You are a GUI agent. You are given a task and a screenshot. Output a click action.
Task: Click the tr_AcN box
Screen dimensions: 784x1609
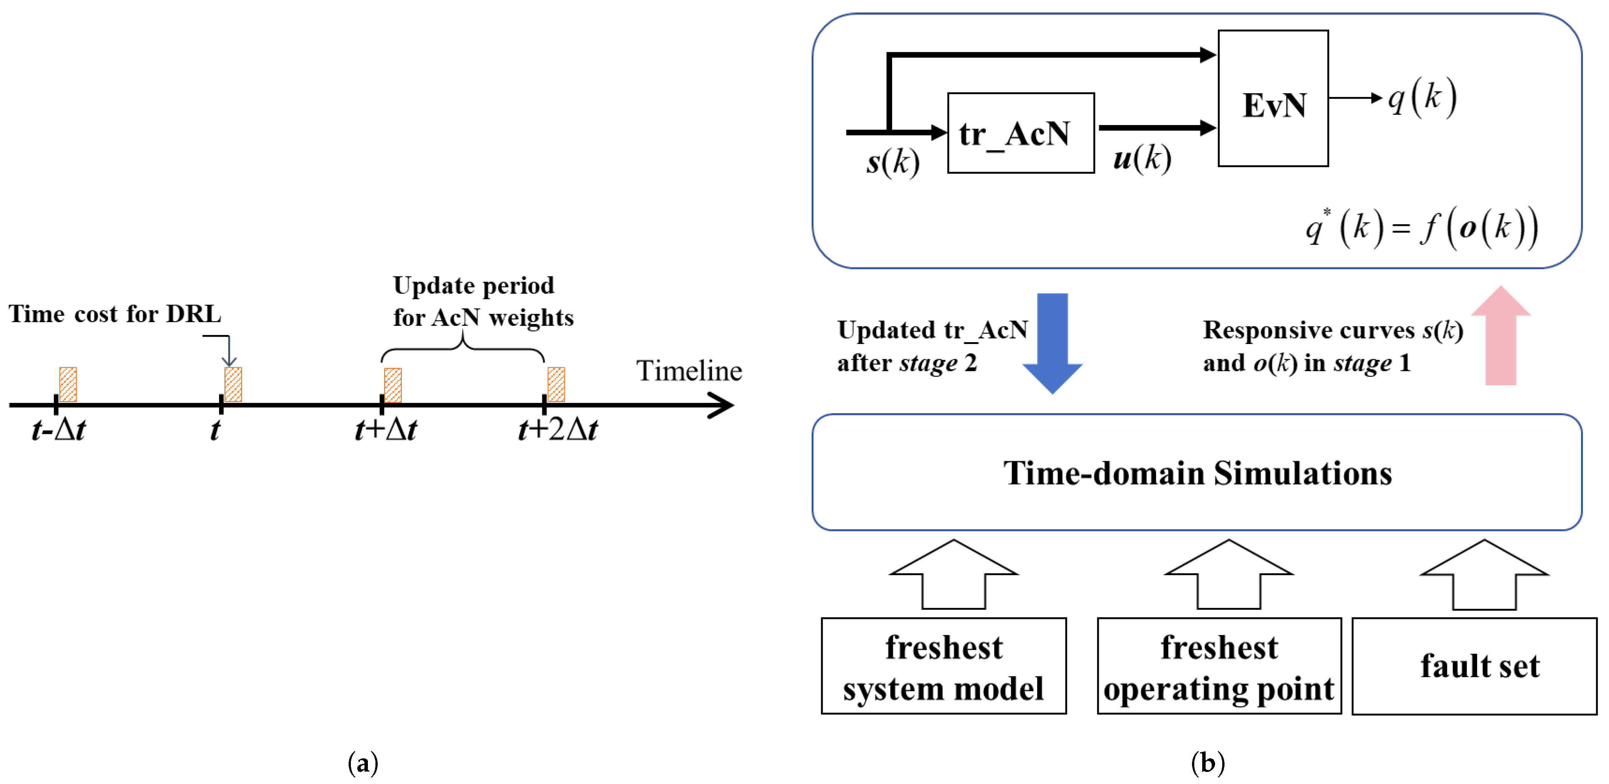[x=1020, y=133]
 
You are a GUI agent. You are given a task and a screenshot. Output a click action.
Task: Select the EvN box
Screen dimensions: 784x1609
[x=1273, y=99]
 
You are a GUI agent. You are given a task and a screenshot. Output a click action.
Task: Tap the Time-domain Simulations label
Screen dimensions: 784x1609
[x=1197, y=473]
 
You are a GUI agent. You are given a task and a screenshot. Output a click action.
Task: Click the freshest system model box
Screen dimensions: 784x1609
[x=943, y=666]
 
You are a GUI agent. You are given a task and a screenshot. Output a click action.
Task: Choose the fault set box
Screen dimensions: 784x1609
[x=1474, y=666]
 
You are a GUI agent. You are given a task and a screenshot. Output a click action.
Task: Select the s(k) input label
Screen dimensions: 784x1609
[x=893, y=162]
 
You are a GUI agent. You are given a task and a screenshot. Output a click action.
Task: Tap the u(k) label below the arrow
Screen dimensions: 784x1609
[x=1142, y=158]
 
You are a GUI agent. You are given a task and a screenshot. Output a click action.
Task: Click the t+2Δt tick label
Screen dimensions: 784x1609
[x=558, y=430]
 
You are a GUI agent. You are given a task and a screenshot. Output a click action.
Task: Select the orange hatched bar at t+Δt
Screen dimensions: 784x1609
[x=393, y=385]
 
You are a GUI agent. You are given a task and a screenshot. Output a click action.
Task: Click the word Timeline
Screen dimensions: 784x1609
[x=689, y=371]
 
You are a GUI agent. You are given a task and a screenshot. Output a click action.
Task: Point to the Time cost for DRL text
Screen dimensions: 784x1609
[x=115, y=313]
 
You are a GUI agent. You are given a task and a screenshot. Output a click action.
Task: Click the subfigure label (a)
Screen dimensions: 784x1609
[x=363, y=763]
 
